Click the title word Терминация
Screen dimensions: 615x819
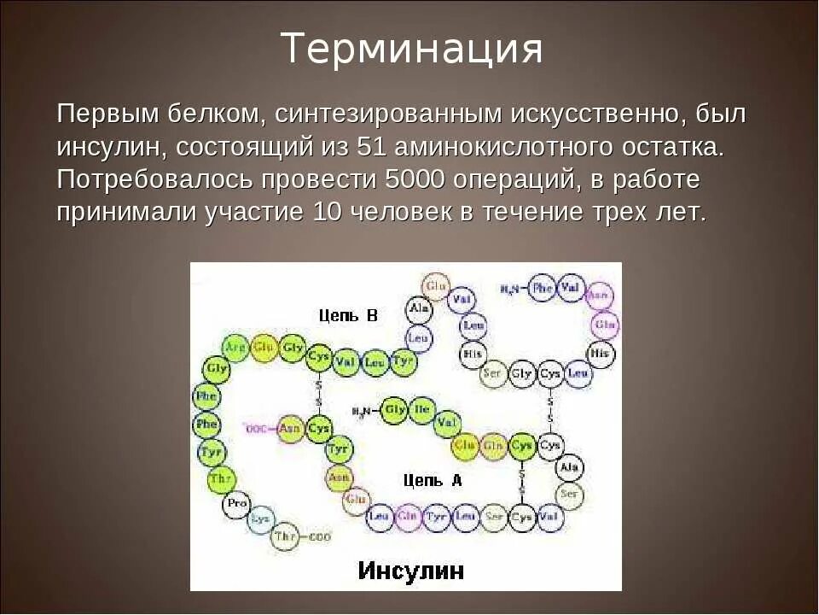tap(411, 49)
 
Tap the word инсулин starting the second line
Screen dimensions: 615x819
tap(112, 147)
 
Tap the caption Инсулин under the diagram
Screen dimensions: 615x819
tap(410, 570)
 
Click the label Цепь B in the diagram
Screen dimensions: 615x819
tap(348, 315)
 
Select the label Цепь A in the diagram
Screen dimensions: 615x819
tap(433, 480)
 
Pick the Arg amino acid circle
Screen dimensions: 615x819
tap(235, 348)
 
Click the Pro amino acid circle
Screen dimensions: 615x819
tap(236, 504)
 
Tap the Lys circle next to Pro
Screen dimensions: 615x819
tap(259, 518)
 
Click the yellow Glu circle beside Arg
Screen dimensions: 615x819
tap(264, 348)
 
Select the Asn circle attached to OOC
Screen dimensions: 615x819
tap(291, 428)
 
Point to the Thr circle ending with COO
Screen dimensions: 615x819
tap(285, 536)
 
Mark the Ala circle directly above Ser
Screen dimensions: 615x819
tap(570, 468)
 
